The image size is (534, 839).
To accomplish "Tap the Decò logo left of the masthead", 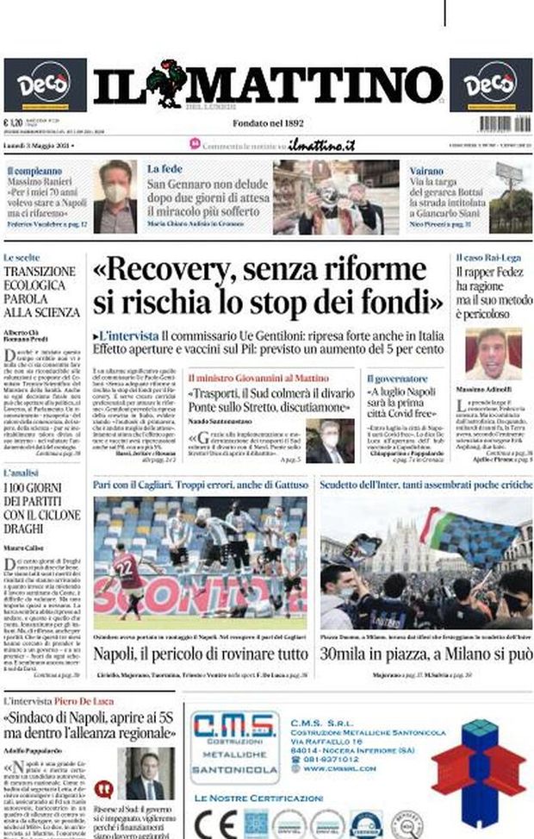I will [x=45, y=85].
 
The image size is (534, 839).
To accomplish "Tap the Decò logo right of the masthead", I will [x=489, y=85].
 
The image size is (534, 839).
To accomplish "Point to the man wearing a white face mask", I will [x=115, y=194].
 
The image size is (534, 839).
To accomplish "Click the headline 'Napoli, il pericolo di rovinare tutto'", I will [x=200, y=654].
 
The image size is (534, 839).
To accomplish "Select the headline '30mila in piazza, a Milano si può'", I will [x=425, y=654].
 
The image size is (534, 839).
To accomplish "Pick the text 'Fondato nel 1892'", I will [x=267, y=123].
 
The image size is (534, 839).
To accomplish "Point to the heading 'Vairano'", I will [x=427, y=170].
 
